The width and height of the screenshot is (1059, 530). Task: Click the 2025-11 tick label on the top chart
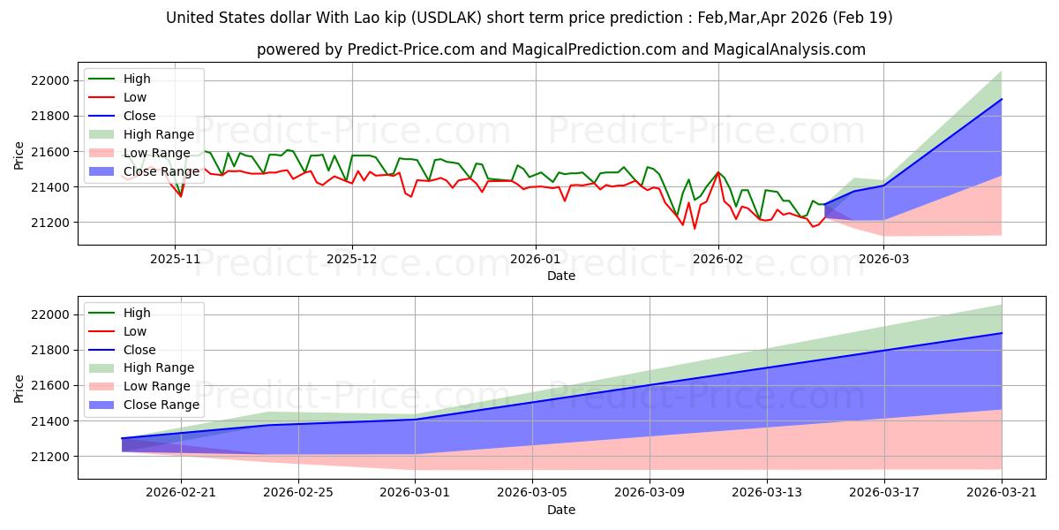(x=175, y=260)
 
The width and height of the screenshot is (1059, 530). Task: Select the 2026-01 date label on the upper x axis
(x=535, y=260)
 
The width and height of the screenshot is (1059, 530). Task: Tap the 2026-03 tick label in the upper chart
(x=883, y=260)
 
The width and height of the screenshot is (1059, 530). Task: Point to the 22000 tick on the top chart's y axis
(x=50, y=80)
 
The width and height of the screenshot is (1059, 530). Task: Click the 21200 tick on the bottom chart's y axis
(x=50, y=457)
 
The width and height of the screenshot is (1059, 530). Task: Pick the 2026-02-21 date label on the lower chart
(x=181, y=493)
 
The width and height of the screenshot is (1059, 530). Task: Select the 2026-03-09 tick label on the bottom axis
(x=650, y=493)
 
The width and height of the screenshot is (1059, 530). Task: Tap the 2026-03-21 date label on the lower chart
(x=1002, y=493)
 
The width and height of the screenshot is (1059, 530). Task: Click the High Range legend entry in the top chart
(x=141, y=134)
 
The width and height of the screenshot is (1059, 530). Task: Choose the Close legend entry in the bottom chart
(x=122, y=350)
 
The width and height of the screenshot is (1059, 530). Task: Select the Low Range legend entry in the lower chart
(x=139, y=386)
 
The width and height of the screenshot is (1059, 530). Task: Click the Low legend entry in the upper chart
(x=117, y=97)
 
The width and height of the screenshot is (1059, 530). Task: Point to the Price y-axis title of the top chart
(x=19, y=155)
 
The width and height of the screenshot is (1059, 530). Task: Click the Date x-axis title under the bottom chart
(x=561, y=511)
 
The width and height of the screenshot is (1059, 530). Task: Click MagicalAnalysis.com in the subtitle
(x=790, y=49)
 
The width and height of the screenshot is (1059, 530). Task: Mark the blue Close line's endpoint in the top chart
(x=1002, y=99)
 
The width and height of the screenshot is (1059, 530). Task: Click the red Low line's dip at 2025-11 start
(x=181, y=196)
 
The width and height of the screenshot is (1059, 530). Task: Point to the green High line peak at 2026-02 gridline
(x=718, y=172)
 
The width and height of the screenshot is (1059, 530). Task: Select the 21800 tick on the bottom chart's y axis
(x=50, y=350)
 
